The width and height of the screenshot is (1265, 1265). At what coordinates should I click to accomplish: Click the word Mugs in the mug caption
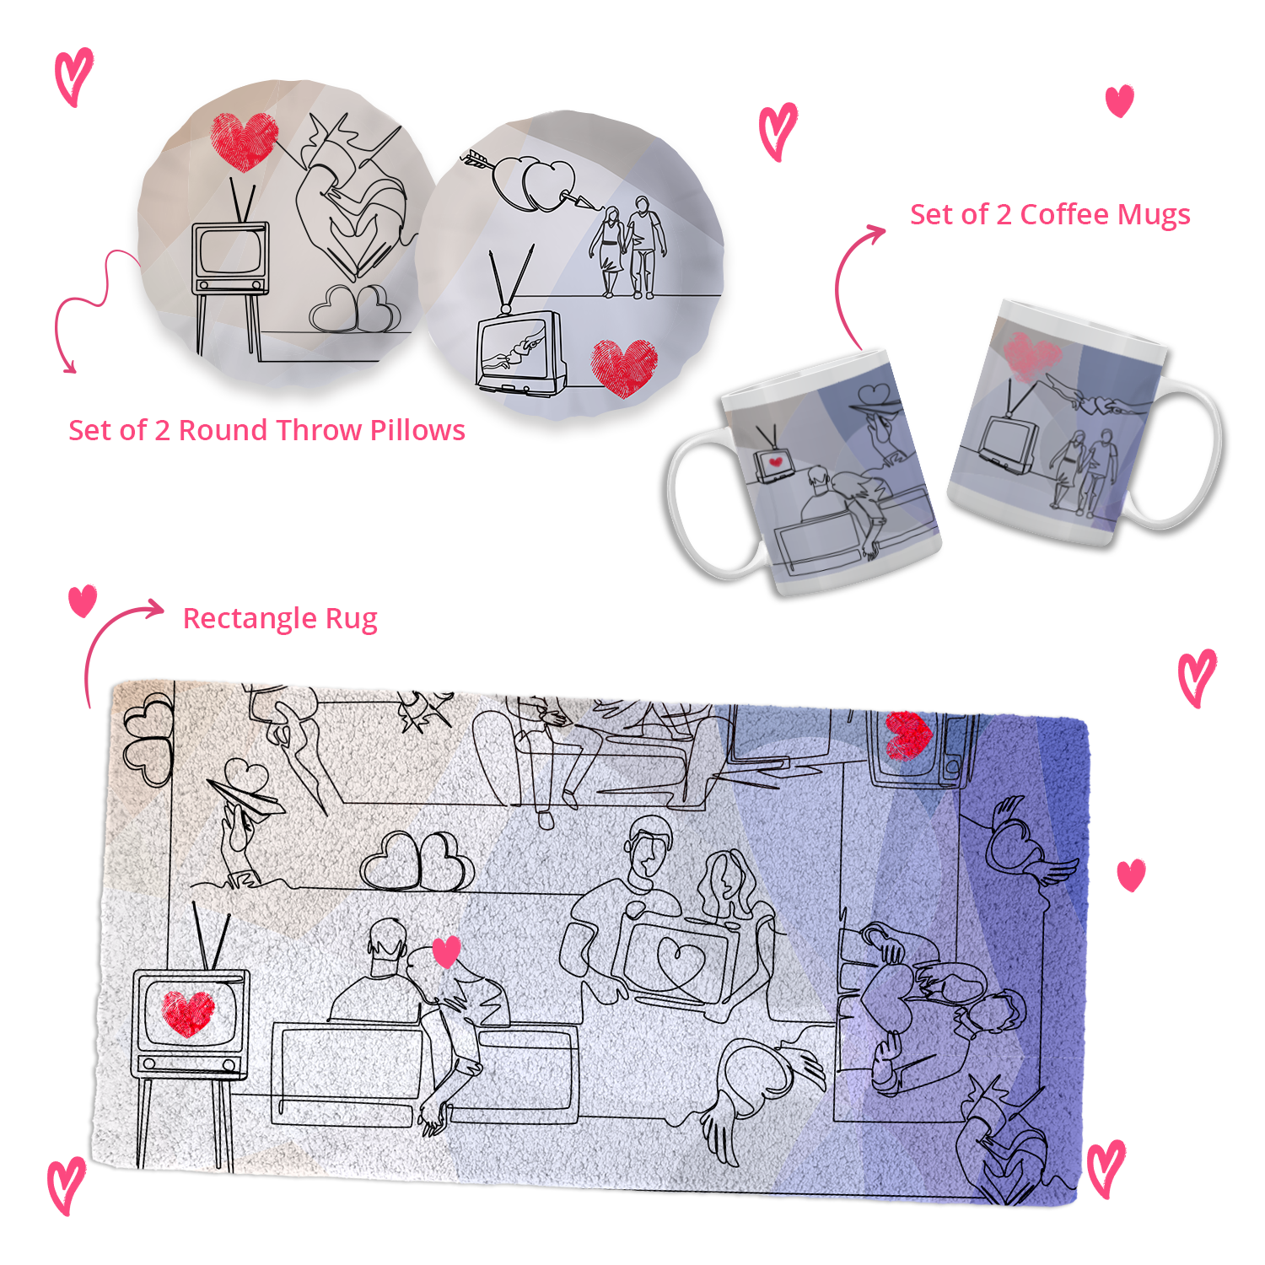(1150, 216)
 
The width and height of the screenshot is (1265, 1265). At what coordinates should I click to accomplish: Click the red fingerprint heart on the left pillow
(244, 141)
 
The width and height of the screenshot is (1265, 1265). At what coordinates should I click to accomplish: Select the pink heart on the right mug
(1031, 355)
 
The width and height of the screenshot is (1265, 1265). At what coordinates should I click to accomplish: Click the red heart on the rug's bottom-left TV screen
(188, 1012)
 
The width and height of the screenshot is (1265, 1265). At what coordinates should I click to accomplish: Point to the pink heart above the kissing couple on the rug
(446, 951)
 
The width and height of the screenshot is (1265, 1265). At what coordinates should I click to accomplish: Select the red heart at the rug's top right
(907, 735)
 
